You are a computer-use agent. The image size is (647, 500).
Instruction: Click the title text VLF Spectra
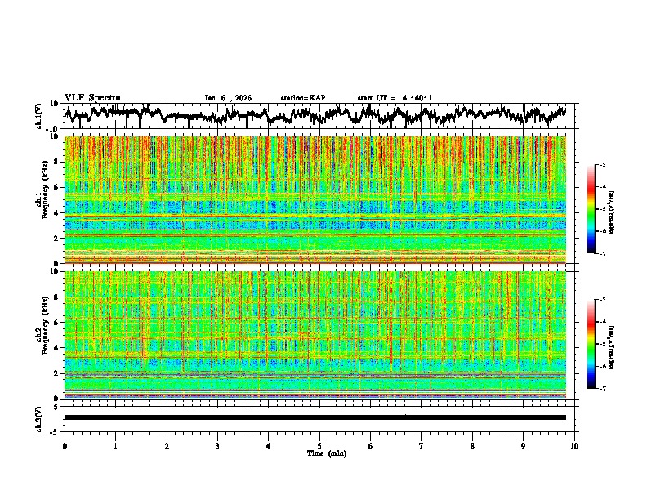(x=92, y=97)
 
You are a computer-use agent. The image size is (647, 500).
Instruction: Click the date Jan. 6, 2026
(x=228, y=98)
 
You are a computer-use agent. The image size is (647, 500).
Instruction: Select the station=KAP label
(x=303, y=98)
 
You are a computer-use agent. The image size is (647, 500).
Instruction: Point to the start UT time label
(x=395, y=98)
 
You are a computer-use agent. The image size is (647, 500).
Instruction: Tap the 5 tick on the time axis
(x=319, y=445)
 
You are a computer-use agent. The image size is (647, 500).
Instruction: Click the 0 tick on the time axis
(x=65, y=445)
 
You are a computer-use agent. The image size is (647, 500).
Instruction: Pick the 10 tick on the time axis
(x=574, y=445)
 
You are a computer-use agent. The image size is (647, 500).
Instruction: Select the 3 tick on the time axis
(x=217, y=445)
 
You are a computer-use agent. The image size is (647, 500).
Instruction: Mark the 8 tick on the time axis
(x=472, y=445)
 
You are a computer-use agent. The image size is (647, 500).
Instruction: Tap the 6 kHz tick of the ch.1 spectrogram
(x=56, y=187)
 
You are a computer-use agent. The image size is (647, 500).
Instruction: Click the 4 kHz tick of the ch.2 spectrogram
(x=56, y=348)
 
